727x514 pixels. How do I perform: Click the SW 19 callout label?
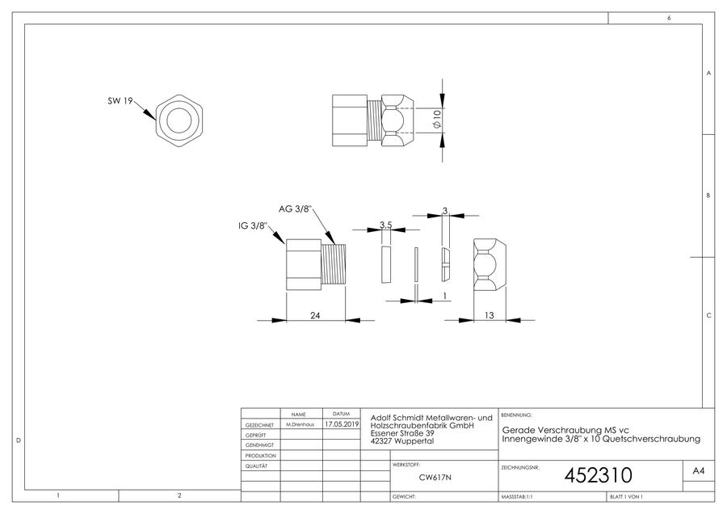coord(120,101)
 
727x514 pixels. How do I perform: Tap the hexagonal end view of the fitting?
coord(179,121)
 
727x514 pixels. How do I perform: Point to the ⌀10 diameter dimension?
coord(436,120)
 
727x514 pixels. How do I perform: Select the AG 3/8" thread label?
coord(296,209)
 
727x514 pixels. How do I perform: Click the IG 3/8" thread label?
coord(253,226)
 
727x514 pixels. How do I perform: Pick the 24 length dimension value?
coord(315,315)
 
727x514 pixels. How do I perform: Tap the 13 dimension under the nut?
coord(490,315)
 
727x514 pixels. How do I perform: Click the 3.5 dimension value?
coord(386,225)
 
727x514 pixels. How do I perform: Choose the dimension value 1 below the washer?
coord(445,296)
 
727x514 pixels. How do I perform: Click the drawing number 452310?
coord(598,475)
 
